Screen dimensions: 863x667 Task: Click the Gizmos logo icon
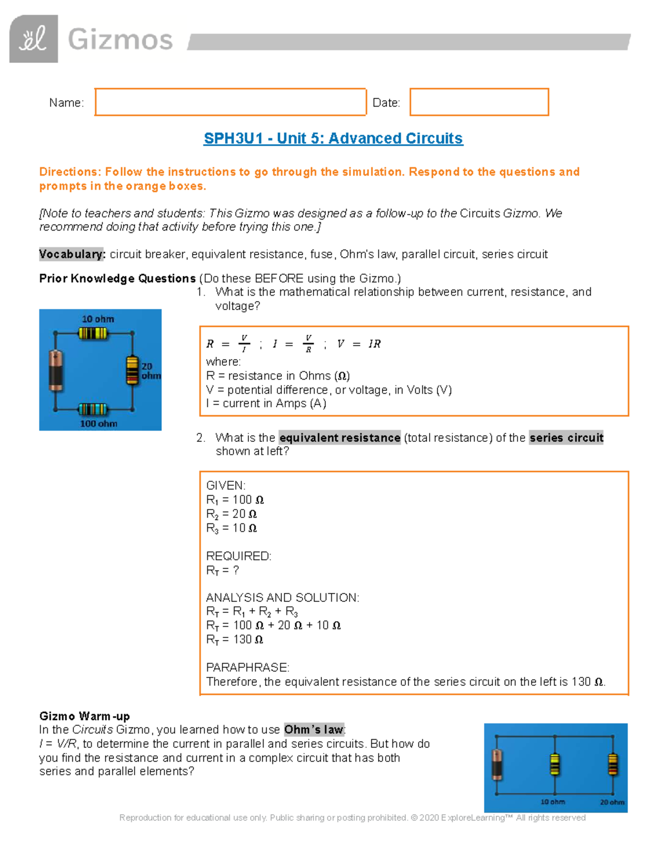tap(33, 39)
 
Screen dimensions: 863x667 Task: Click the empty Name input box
tap(230, 102)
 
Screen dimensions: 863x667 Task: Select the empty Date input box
tap(479, 102)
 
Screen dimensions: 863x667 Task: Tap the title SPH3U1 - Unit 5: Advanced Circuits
tap(333, 138)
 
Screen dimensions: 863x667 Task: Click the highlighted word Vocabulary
tap(72, 255)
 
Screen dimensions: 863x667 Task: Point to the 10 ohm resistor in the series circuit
tap(93, 333)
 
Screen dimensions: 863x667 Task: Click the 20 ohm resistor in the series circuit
tap(132, 370)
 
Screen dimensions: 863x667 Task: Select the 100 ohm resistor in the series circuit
tap(93, 410)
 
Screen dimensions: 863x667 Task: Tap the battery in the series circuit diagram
tap(56, 370)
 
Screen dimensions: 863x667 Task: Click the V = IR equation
tap(359, 344)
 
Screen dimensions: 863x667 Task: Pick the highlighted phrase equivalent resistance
tap(340, 438)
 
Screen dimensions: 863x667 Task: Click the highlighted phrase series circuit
tap(566, 438)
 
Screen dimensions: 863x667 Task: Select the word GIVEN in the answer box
tap(225, 486)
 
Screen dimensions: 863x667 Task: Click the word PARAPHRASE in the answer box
tap(247, 667)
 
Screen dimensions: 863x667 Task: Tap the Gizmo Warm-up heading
tap(84, 716)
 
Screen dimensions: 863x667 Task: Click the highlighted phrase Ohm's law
tap(314, 730)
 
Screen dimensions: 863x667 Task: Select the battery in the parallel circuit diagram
tap(497, 764)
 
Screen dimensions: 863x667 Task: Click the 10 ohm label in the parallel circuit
tap(552, 802)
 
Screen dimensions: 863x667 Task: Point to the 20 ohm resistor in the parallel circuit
tap(613, 764)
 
